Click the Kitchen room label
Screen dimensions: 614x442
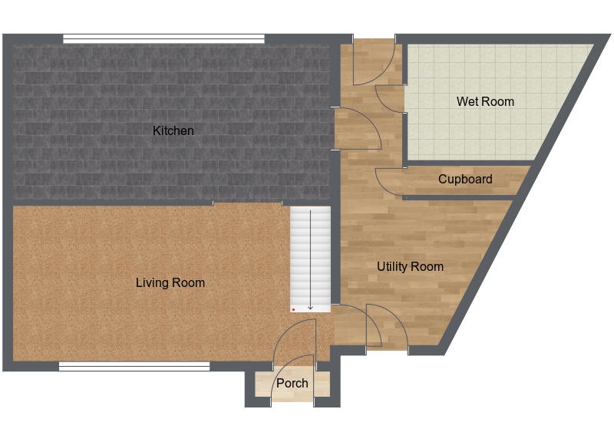point(173,130)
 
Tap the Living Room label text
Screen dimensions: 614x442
point(170,282)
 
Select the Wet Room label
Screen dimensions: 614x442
point(485,102)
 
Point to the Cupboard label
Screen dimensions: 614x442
point(465,180)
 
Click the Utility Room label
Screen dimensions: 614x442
point(410,267)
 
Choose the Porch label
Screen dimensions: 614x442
point(292,383)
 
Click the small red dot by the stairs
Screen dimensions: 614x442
point(293,310)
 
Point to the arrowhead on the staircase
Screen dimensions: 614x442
point(311,308)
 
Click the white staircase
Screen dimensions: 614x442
point(310,259)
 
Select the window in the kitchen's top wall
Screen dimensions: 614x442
point(163,39)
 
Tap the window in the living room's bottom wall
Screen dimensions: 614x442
point(134,367)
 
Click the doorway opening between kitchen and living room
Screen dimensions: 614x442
point(247,203)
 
